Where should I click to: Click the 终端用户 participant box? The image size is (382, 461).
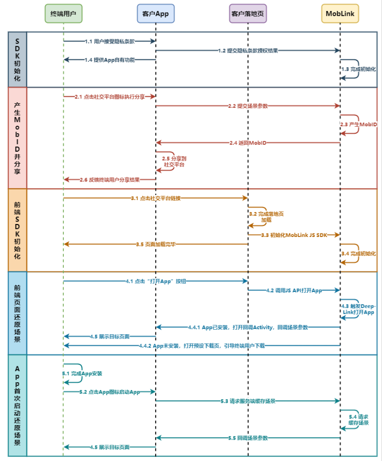click(63, 13)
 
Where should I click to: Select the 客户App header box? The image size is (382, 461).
click(156, 13)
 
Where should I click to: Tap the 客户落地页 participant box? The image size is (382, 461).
click(248, 13)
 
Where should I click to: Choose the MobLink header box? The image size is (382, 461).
click(340, 13)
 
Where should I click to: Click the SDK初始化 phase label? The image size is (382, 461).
click(17, 59)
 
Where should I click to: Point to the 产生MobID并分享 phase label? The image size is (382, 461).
click(17, 138)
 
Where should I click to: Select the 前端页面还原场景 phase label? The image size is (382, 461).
click(17, 313)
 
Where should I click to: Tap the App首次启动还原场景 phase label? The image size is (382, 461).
click(17, 405)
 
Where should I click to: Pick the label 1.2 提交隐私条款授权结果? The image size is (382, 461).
click(248, 50)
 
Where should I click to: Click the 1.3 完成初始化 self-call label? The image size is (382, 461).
click(358, 69)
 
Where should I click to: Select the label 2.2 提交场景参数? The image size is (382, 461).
click(248, 106)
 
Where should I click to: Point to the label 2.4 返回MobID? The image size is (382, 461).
click(248, 143)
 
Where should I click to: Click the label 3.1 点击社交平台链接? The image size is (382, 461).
click(155, 198)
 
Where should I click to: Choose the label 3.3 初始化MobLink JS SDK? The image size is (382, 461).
click(294, 234)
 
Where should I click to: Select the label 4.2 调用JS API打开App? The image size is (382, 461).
click(294, 290)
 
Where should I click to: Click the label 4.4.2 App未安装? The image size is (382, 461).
click(201, 345)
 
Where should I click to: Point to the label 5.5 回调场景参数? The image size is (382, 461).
click(248, 438)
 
